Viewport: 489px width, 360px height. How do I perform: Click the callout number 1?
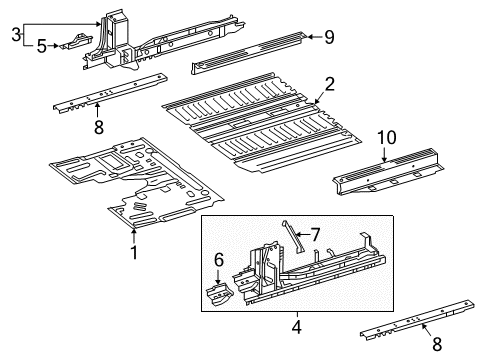click(x=134, y=252)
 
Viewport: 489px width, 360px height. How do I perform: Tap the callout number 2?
click(x=329, y=84)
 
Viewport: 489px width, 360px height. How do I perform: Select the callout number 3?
click(x=16, y=34)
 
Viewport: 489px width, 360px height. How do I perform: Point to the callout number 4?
click(x=296, y=327)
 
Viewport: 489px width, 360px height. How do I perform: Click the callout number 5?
click(x=41, y=46)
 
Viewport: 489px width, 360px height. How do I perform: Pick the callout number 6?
click(x=218, y=260)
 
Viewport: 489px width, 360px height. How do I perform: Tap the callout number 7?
click(x=315, y=235)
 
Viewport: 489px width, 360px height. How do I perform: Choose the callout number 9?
click(x=329, y=37)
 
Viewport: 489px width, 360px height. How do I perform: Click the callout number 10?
click(x=387, y=137)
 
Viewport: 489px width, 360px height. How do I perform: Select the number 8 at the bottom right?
click(x=437, y=344)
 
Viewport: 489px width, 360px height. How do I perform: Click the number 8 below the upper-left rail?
click(x=99, y=127)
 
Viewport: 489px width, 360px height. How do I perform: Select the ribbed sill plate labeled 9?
click(x=248, y=53)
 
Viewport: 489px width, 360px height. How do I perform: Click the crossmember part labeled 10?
click(x=388, y=172)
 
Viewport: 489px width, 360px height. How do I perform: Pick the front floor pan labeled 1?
click(x=137, y=182)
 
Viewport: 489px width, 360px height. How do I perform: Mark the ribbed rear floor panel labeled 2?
click(x=262, y=122)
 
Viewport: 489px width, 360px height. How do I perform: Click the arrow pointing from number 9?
click(x=314, y=37)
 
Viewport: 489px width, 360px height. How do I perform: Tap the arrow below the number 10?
click(x=384, y=155)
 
